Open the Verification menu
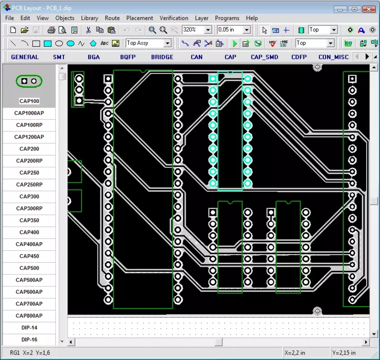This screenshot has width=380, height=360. (x=174, y=18)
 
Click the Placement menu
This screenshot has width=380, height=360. (x=139, y=18)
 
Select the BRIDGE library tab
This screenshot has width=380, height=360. (x=162, y=57)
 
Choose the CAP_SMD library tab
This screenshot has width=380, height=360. (x=264, y=57)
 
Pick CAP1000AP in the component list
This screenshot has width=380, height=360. (x=29, y=113)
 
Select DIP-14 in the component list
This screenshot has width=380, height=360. (x=29, y=328)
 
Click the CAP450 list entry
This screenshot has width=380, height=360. (x=29, y=256)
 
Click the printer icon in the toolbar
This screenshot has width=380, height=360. (x=51, y=30)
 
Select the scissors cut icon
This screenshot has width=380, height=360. (x=88, y=30)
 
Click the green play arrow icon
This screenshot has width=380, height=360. (x=235, y=43)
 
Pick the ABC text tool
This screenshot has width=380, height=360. (x=104, y=43)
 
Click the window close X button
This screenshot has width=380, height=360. (x=369, y=9)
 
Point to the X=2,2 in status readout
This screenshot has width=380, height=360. (x=295, y=352)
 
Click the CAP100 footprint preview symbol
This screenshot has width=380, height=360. (x=29, y=81)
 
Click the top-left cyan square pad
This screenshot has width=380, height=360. (x=213, y=79)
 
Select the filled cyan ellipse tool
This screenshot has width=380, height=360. (x=71, y=43)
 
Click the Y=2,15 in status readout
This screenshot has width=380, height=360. (x=344, y=352)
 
